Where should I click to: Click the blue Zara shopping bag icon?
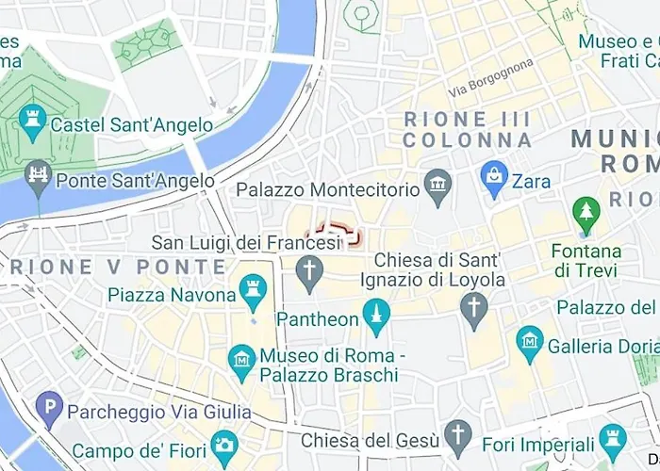pyautogui.click(x=493, y=176)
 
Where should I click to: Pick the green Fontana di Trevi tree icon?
pyautogui.click(x=586, y=213)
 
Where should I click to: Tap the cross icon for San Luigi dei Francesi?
pyautogui.click(x=309, y=273)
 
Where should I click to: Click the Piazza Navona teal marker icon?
pyautogui.click(x=253, y=292)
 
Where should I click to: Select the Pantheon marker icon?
pyautogui.click(x=376, y=317)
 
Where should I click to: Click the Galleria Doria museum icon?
pyautogui.click(x=530, y=343)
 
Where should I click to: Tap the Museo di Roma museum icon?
pyautogui.click(x=242, y=358)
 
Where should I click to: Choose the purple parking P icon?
pyautogui.click(x=48, y=409)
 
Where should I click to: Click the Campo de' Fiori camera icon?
pyautogui.click(x=223, y=444)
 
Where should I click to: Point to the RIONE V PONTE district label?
pyautogui.click(x=119, y=267)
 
